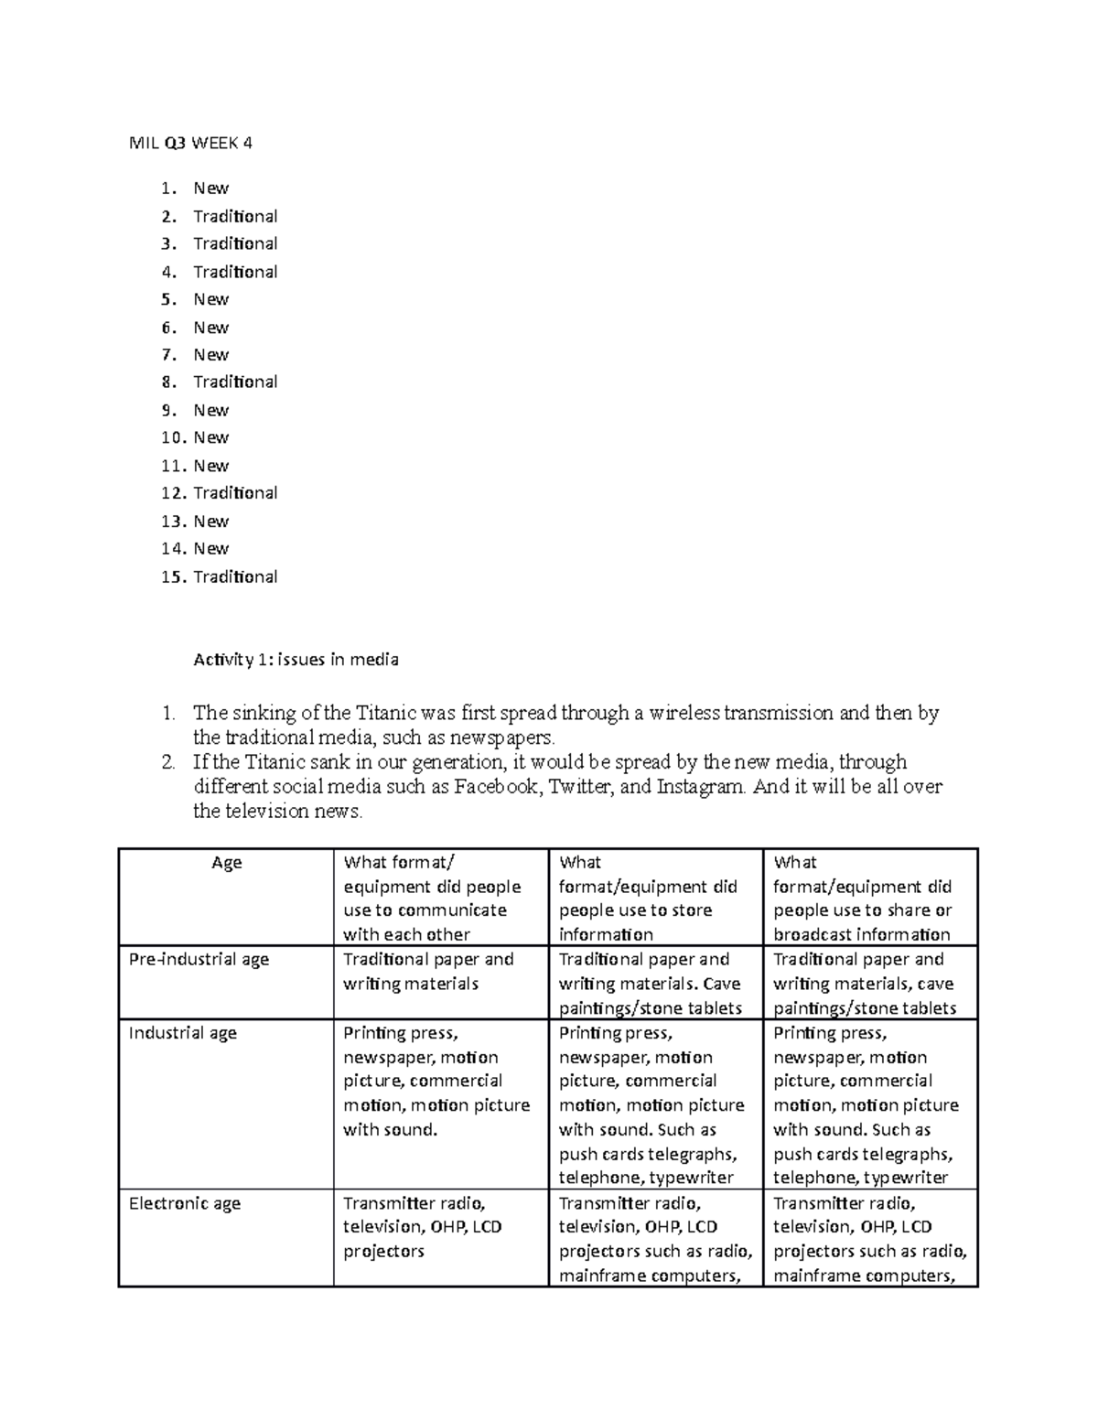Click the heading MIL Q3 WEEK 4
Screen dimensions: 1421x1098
[x=190, y=143]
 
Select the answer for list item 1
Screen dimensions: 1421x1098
[x=210, y=188]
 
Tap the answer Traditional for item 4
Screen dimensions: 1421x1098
[x=235, y=272]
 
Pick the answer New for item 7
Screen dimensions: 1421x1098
[x=210, y=355]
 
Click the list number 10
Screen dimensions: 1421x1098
[x=173, y=438]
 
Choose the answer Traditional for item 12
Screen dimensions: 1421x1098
[x=235, y=493]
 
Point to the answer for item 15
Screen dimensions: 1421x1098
[x=235, y=577]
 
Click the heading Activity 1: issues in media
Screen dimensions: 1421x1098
[x=296, y=660]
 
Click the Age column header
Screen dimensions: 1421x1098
[x=226, y=863]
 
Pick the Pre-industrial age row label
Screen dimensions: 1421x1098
[x=199, y=960]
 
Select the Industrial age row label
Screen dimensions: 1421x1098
[x=183, y=1033]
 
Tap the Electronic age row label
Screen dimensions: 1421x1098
[x=185, y=1203]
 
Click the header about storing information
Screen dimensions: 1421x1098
[x=648, y=899]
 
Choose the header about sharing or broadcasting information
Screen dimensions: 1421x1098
[x=862, y=899]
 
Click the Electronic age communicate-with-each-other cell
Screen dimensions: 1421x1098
[x=422, y=1227]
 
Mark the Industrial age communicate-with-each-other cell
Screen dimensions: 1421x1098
[x=436, y=1082]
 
